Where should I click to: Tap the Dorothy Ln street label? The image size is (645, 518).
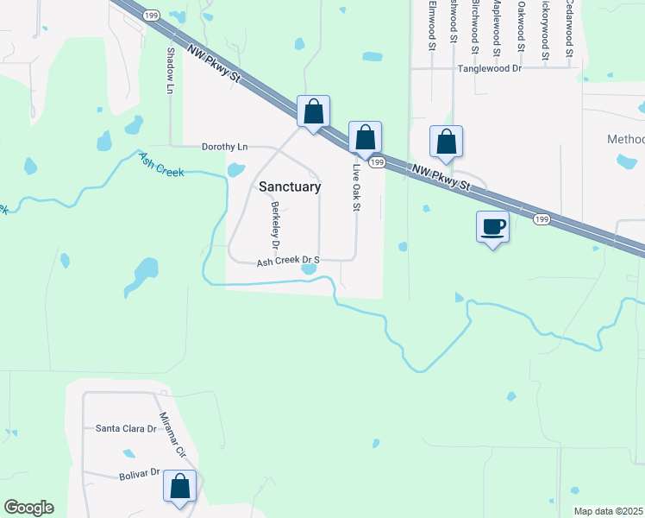pyautogui.click(x=224, y=147)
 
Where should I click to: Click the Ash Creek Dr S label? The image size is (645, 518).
pyautogui.click(x=288, y=260)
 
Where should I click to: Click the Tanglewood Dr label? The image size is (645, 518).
pyautogui.click(x=490, y=67)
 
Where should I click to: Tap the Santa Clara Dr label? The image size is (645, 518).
pyautogui.click(x=126, y=428)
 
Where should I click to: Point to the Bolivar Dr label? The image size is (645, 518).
pyautogui.click(x=140, y=474)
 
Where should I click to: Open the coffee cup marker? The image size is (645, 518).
pyautogui.click(x=493, y=227)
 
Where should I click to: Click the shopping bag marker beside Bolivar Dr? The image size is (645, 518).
pyautogui.click(x=180, y=486)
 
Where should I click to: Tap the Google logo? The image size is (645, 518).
pyautogui.click(x=28, y=508)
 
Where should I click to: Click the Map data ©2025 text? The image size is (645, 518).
pyautogui.click(x=609, y=511)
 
